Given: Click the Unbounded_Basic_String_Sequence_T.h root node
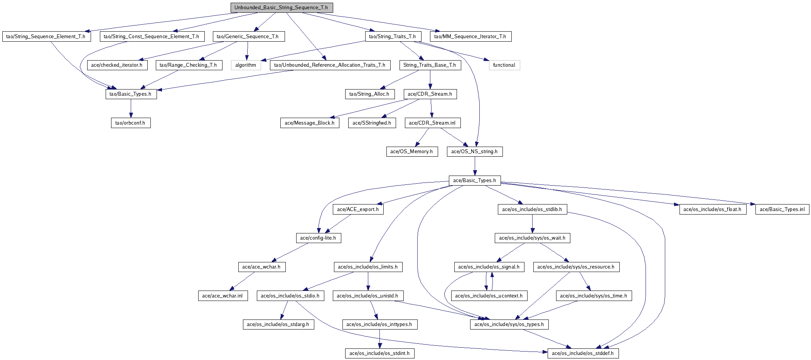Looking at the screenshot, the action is click(x=282, y=8).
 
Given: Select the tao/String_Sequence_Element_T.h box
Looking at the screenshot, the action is click(x=46, y=37).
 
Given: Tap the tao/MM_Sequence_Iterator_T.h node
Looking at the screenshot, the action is click(x=470, y=37).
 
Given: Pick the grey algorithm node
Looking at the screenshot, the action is click(x=246, y=65).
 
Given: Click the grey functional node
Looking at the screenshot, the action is click(x=504, y=65).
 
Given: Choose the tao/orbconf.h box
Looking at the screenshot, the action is click(x=131, y=123).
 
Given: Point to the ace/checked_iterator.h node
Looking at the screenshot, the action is click(x=117, y=65).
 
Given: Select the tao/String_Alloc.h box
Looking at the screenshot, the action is click(x=369, y=94).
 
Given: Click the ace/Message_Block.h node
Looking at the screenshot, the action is click(x=310, y=123).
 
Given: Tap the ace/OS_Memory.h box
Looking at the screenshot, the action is click(x=412, y=152).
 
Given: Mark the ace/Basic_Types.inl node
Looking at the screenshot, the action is click(x=782, y=210).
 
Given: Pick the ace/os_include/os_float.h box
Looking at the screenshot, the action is click(x=713, y=210).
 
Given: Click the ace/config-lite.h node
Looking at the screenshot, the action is click(x=318, y=238).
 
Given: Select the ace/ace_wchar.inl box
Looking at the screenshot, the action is click(x=223, y=296).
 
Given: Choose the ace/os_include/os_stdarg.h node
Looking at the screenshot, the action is click(x=278, y=325).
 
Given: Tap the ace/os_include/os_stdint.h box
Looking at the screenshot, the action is click(x=380, y=353).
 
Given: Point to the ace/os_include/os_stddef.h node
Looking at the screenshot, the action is click(x=583, y=353).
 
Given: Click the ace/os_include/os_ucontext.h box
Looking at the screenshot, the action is click(x=489, y=296).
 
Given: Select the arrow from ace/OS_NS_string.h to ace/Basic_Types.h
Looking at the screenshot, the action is click(x=475, y=166).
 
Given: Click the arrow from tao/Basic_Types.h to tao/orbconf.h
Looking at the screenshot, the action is click(x=131, y=108).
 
